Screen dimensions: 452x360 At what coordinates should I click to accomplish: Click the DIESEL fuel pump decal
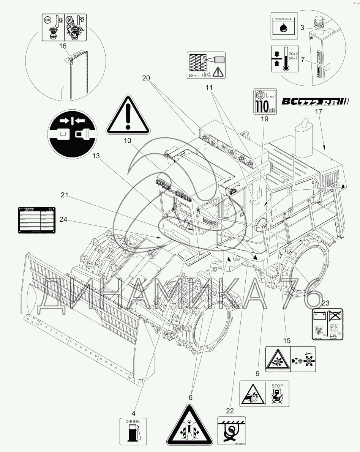click(133, 432)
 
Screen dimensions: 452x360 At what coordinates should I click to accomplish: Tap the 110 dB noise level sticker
click(264, 101)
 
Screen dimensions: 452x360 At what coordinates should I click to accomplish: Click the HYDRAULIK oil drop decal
click(283, 25)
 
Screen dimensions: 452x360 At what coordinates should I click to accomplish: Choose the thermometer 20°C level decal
click(283, 59)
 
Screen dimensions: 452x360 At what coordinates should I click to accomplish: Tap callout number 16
click(63, 46)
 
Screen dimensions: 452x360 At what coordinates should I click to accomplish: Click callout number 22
click(230, 410)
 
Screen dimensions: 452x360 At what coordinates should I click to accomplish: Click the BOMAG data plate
click(36, 219)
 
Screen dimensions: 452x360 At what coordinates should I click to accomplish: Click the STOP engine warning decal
click(264, 394)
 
